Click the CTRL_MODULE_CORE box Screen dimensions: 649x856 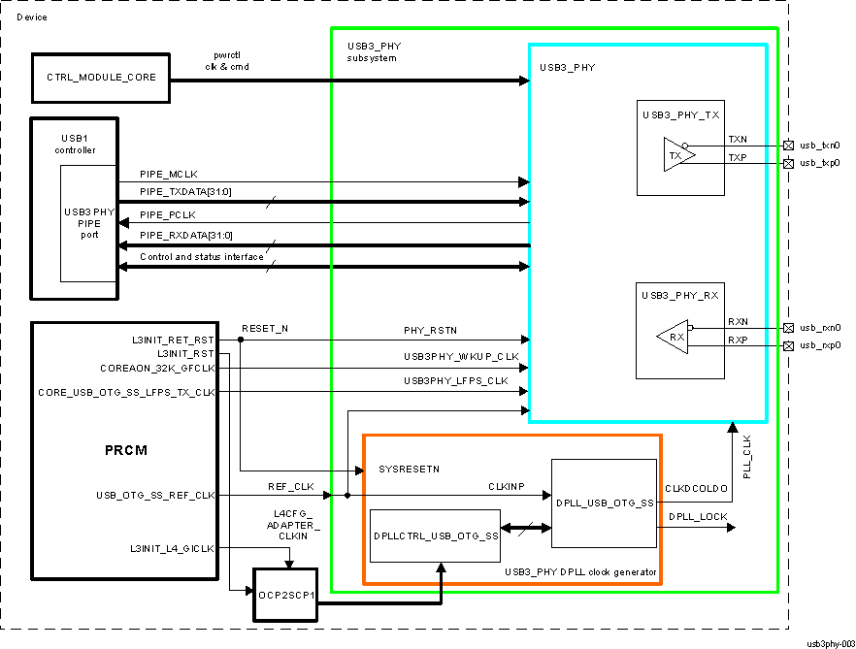(101, 78)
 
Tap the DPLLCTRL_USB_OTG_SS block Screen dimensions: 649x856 (436, 535)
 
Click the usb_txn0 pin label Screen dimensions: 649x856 (819, 146)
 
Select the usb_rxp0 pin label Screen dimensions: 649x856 (819, 345)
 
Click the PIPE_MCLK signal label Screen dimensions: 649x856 (169, 174)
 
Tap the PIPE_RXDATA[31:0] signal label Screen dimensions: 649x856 (186, 235)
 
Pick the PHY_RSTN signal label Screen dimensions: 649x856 (429, 331)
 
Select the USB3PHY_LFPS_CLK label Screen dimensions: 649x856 (456, 381)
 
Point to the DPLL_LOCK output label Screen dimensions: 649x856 (697, 516)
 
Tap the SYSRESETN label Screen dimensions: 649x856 (409, 470)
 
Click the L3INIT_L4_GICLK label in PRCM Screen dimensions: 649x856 (172, 549)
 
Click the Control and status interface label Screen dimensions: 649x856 (201, 256)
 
